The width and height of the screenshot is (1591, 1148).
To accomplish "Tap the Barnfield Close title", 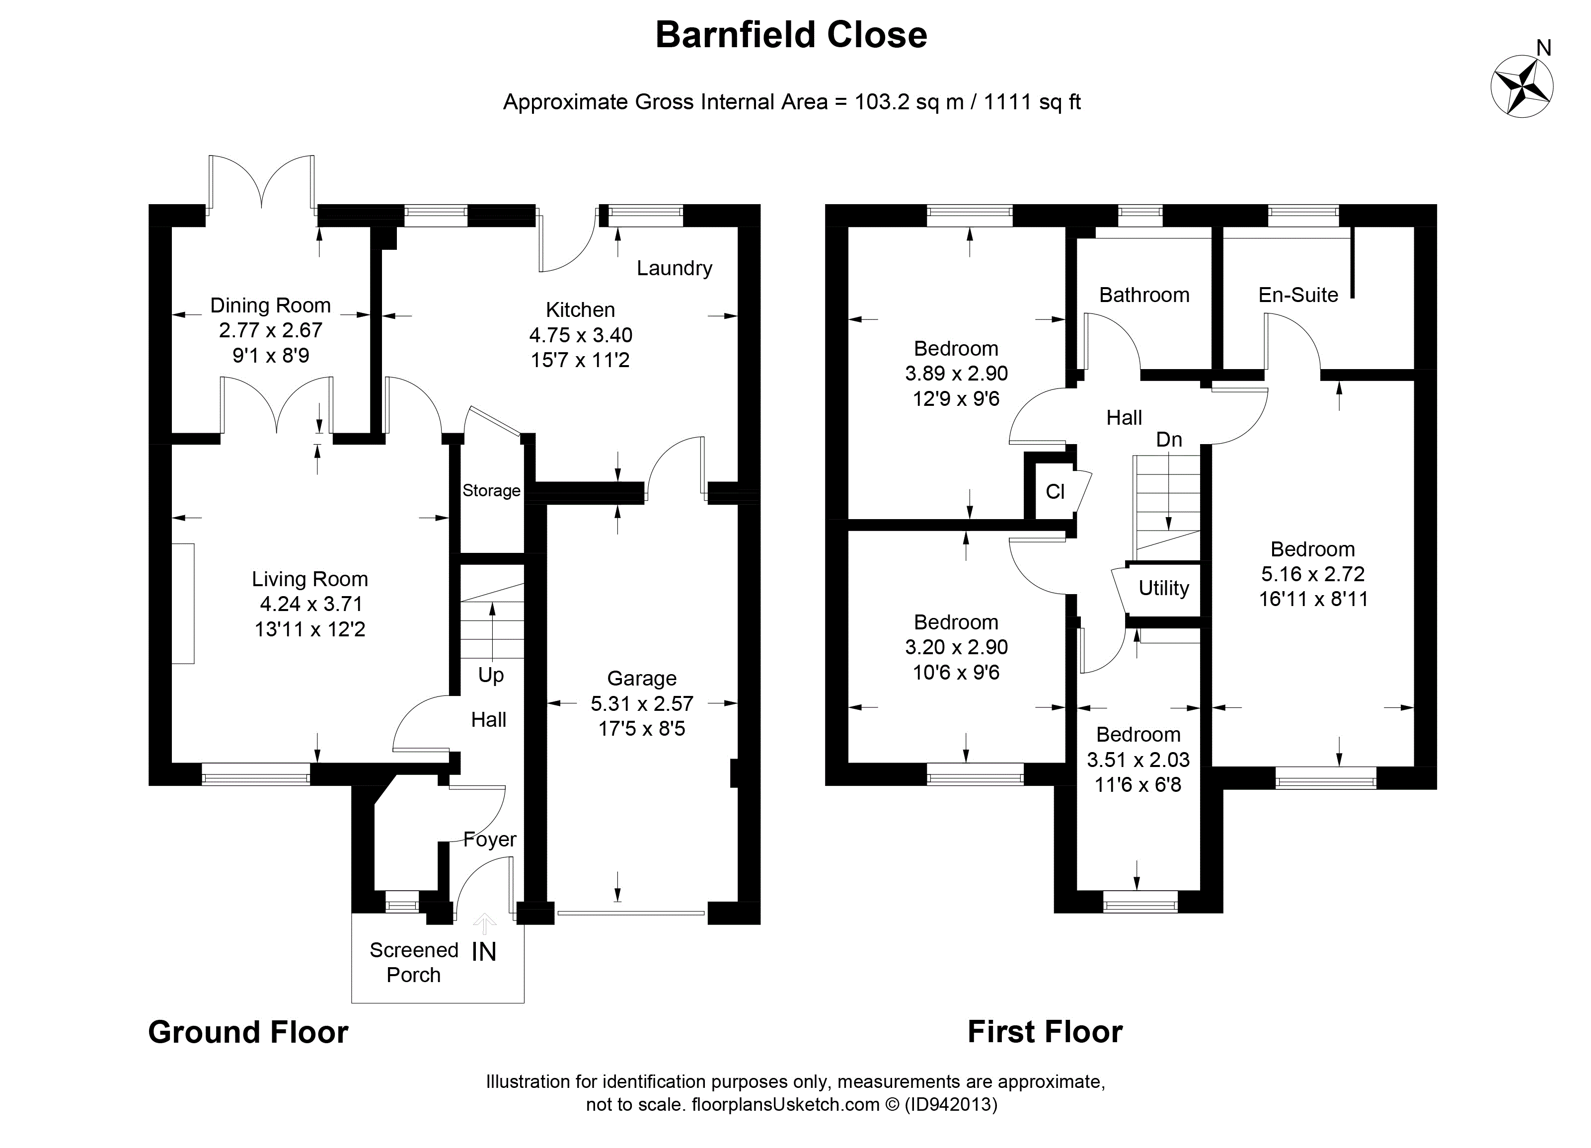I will tap(791, 35).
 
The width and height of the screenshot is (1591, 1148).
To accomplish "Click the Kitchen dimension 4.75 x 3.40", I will tap(580, 335).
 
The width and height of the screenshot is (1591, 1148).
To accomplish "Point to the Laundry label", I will tap(674, 268).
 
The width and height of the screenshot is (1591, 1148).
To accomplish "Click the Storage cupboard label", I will tap(491, 490).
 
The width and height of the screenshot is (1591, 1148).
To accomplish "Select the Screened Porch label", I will tap(413, 962).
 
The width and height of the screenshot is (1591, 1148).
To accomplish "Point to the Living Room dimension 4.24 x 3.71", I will tap(310, 604).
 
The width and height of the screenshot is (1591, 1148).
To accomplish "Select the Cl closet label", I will tap(1055, 492).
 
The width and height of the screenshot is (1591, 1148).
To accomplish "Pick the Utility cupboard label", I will tap(1163, 588).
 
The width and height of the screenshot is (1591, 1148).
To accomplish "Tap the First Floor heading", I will tap(1045, 1032).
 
